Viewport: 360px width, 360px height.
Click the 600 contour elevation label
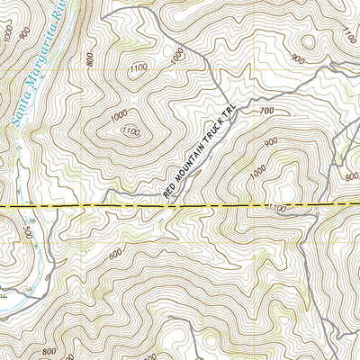pos(115,254)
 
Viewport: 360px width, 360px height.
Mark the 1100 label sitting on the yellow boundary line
pos(277,208)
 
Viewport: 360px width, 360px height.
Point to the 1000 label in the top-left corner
pos(10,32)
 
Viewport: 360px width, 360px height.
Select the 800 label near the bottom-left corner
pos(48,351)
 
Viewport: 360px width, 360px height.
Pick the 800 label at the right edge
pos(352,177)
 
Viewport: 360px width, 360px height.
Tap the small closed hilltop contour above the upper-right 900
pos(310,40)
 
